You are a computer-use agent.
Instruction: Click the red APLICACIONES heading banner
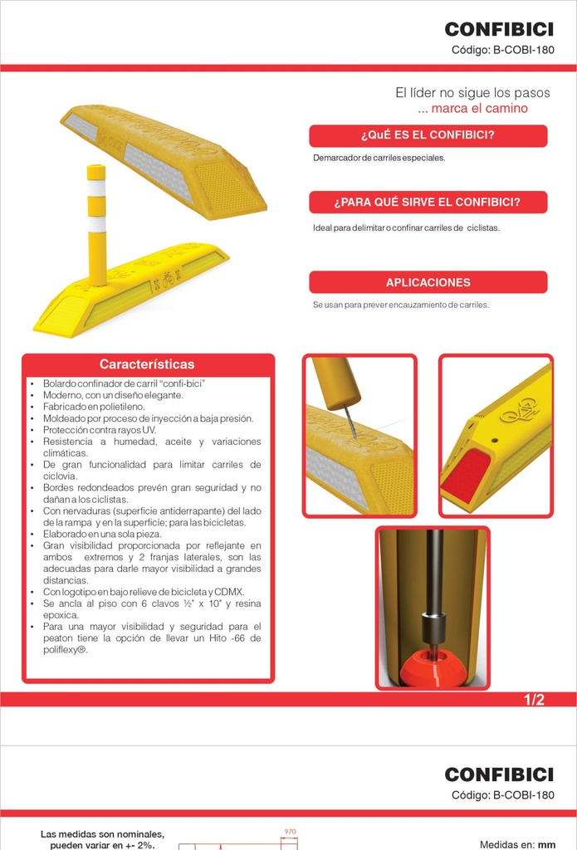pyautogui.click(x=428, y=282)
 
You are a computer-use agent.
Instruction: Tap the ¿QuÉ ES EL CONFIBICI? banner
pyautogui.click(x=428, y=135)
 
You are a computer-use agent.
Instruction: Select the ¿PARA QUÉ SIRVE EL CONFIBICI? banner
pyautogui.click(x=428, y=203)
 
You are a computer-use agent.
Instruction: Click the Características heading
pyautogui.click(x=147, y=364)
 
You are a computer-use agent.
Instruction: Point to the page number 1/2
pyautogui.click(x=534, y=700)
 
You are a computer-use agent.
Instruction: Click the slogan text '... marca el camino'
pyautogui.click(x=473, y=109)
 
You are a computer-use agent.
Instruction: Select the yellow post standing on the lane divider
pyautogui.click(x=96, y=225)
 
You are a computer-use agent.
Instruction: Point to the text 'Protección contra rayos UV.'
pyautogui.click(x=100, y=430)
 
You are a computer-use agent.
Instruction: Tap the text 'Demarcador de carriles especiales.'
pyautogui.click(x=379, y=159)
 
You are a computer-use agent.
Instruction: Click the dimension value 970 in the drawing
pyautogui.click(x=290, y=832)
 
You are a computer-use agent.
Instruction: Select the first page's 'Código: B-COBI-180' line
pyautogui.click(x=503, y=51)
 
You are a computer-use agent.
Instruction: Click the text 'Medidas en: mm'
pyautogui.click(x=517, y=844)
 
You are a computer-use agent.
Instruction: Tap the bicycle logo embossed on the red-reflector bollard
pyautogui.click(x=519, y=410)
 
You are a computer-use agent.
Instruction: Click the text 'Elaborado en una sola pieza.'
pyautogui.click(x=102, y=534)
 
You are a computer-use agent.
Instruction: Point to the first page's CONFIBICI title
pyautogui.click(x=499, y=29)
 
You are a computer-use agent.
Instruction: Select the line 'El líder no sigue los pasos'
pyautogui.click(x=472, y=93)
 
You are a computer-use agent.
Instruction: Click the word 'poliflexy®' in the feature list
pyautogui.click(x=66, y=650)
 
